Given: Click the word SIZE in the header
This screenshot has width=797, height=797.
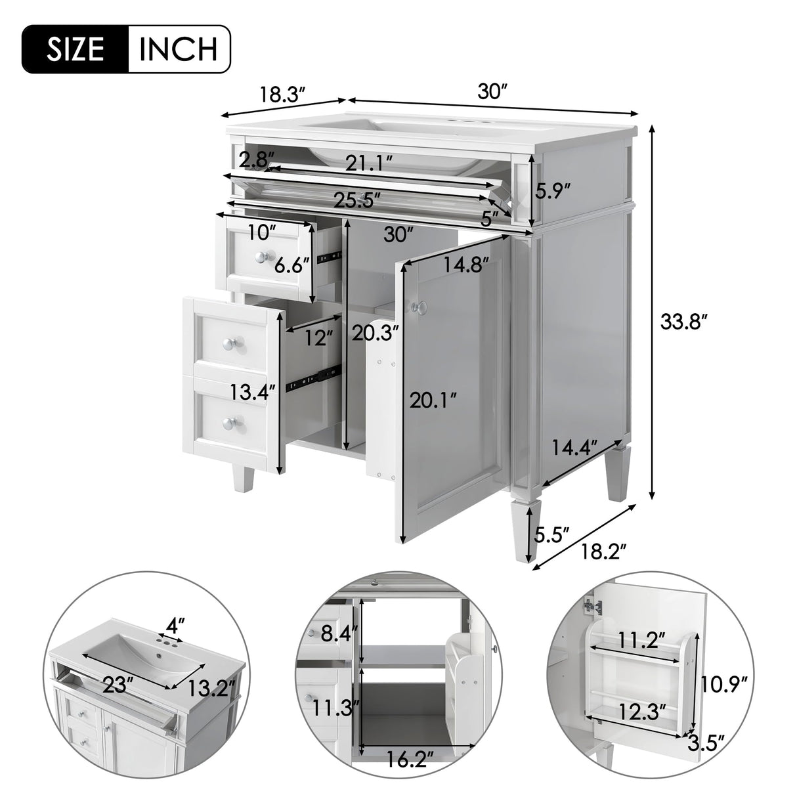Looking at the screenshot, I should [x=75, y=49].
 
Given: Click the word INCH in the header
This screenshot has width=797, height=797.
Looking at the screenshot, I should [x=178, y=49].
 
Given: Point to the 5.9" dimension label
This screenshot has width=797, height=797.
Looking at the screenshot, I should [x=552, y=191].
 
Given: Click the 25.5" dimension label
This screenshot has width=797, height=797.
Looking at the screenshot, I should [x=358, y=200].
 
